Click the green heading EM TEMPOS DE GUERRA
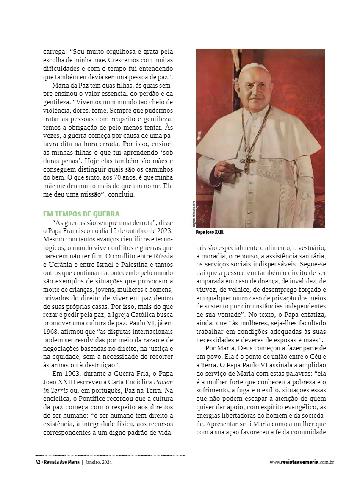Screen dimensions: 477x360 coord(81,214)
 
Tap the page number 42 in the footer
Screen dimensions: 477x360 coord(38,462)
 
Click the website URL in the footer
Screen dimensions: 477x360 coord(302,462)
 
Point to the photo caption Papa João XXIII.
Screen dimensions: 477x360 coord(210,233)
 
